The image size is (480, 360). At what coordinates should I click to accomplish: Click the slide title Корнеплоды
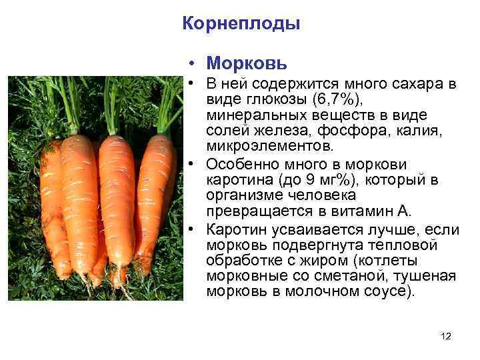(x=241, y=24)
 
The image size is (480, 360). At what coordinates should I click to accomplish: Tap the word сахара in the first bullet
(x=421, y=85)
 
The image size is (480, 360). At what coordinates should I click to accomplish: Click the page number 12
(x=446, y=337)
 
